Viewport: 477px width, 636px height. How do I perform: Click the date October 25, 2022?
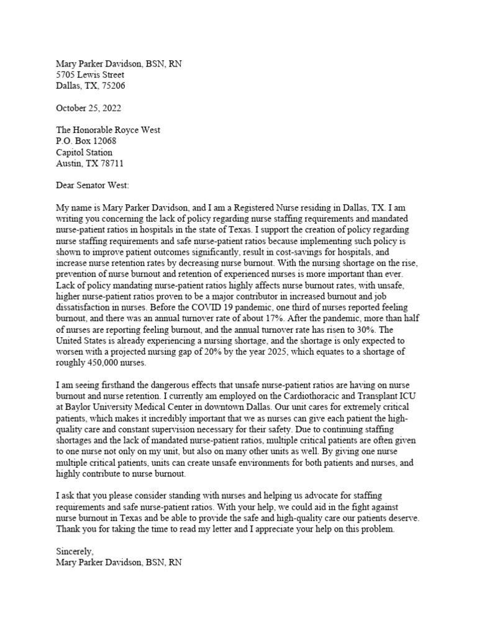[x=89, y=107]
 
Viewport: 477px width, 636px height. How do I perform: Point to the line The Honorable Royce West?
[x=108, y=130]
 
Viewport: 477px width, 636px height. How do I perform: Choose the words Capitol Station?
[x=84, y=152]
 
